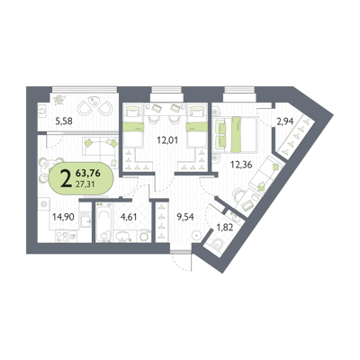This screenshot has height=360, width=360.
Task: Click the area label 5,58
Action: tap(63, 121)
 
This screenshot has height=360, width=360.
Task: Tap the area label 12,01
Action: tap(166, 139)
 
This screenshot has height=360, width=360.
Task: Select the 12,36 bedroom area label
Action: tap(239, 165)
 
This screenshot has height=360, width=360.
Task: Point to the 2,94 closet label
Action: tap(285, 121)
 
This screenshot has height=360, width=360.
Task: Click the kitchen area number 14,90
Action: tap(61, 216)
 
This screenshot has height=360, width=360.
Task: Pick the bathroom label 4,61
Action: tap(129, 216)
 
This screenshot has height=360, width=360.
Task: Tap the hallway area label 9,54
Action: tap(185, 216)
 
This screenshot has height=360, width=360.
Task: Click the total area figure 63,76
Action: tap(88, 173)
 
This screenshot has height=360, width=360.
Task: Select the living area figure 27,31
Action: tap(85, 184)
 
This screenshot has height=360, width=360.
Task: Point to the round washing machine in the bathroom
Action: tap(144, 236)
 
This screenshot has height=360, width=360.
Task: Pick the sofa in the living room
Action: tap(99, 146)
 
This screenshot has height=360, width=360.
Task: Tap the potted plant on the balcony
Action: tap(59, 100)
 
